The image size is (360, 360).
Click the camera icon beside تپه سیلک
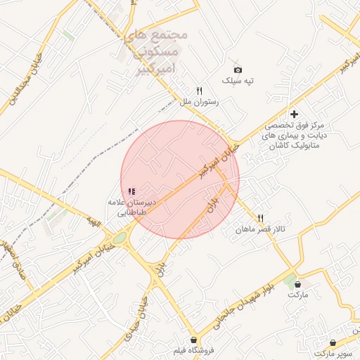238,70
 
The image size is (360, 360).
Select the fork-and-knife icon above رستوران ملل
199,91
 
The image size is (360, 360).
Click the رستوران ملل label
199,102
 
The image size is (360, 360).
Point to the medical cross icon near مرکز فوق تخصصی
294,114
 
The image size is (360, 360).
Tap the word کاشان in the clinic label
279,143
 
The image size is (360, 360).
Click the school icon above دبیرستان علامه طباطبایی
131,191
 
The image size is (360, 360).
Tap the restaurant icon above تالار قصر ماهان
261,219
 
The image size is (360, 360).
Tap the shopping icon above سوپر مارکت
333,342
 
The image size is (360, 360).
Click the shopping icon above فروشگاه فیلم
193,340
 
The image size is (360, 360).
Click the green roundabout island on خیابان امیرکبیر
120,238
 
